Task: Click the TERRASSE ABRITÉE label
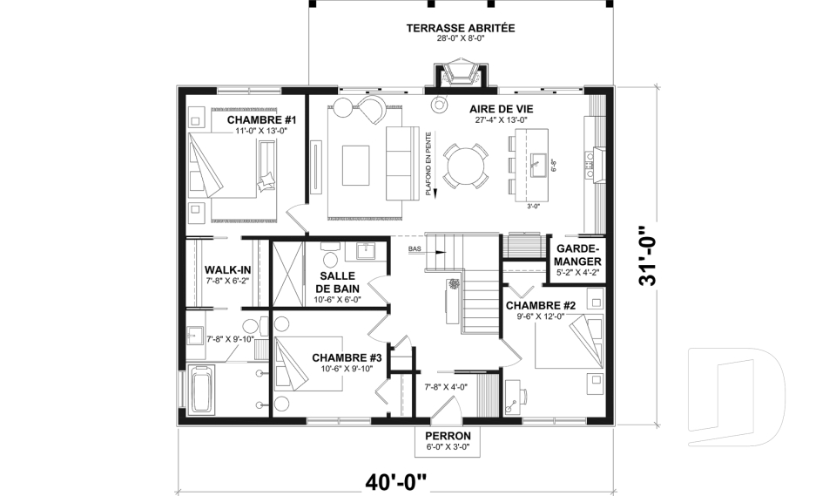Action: tap(461, 28)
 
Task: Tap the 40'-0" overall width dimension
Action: tap(396, 481)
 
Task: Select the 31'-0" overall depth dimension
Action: tap(650, 256)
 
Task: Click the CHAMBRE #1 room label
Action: tap(261, 119)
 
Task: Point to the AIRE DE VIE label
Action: tap(502, 109)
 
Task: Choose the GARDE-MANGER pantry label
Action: tap(578, 255)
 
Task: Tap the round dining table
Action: tap(465, 166)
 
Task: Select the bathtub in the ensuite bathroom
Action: tap(201, 389)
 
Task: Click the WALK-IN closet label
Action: tap(227, 270)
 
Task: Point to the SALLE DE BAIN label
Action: tap(338, 282)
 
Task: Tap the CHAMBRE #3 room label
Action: tap(347, 357)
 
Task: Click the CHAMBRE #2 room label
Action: tap(541, 306)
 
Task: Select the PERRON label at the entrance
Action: tap(448, 436)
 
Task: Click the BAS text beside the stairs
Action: tap(415, 248)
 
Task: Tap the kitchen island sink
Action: tap(537, 160)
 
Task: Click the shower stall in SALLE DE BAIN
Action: tap(288, 275)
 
